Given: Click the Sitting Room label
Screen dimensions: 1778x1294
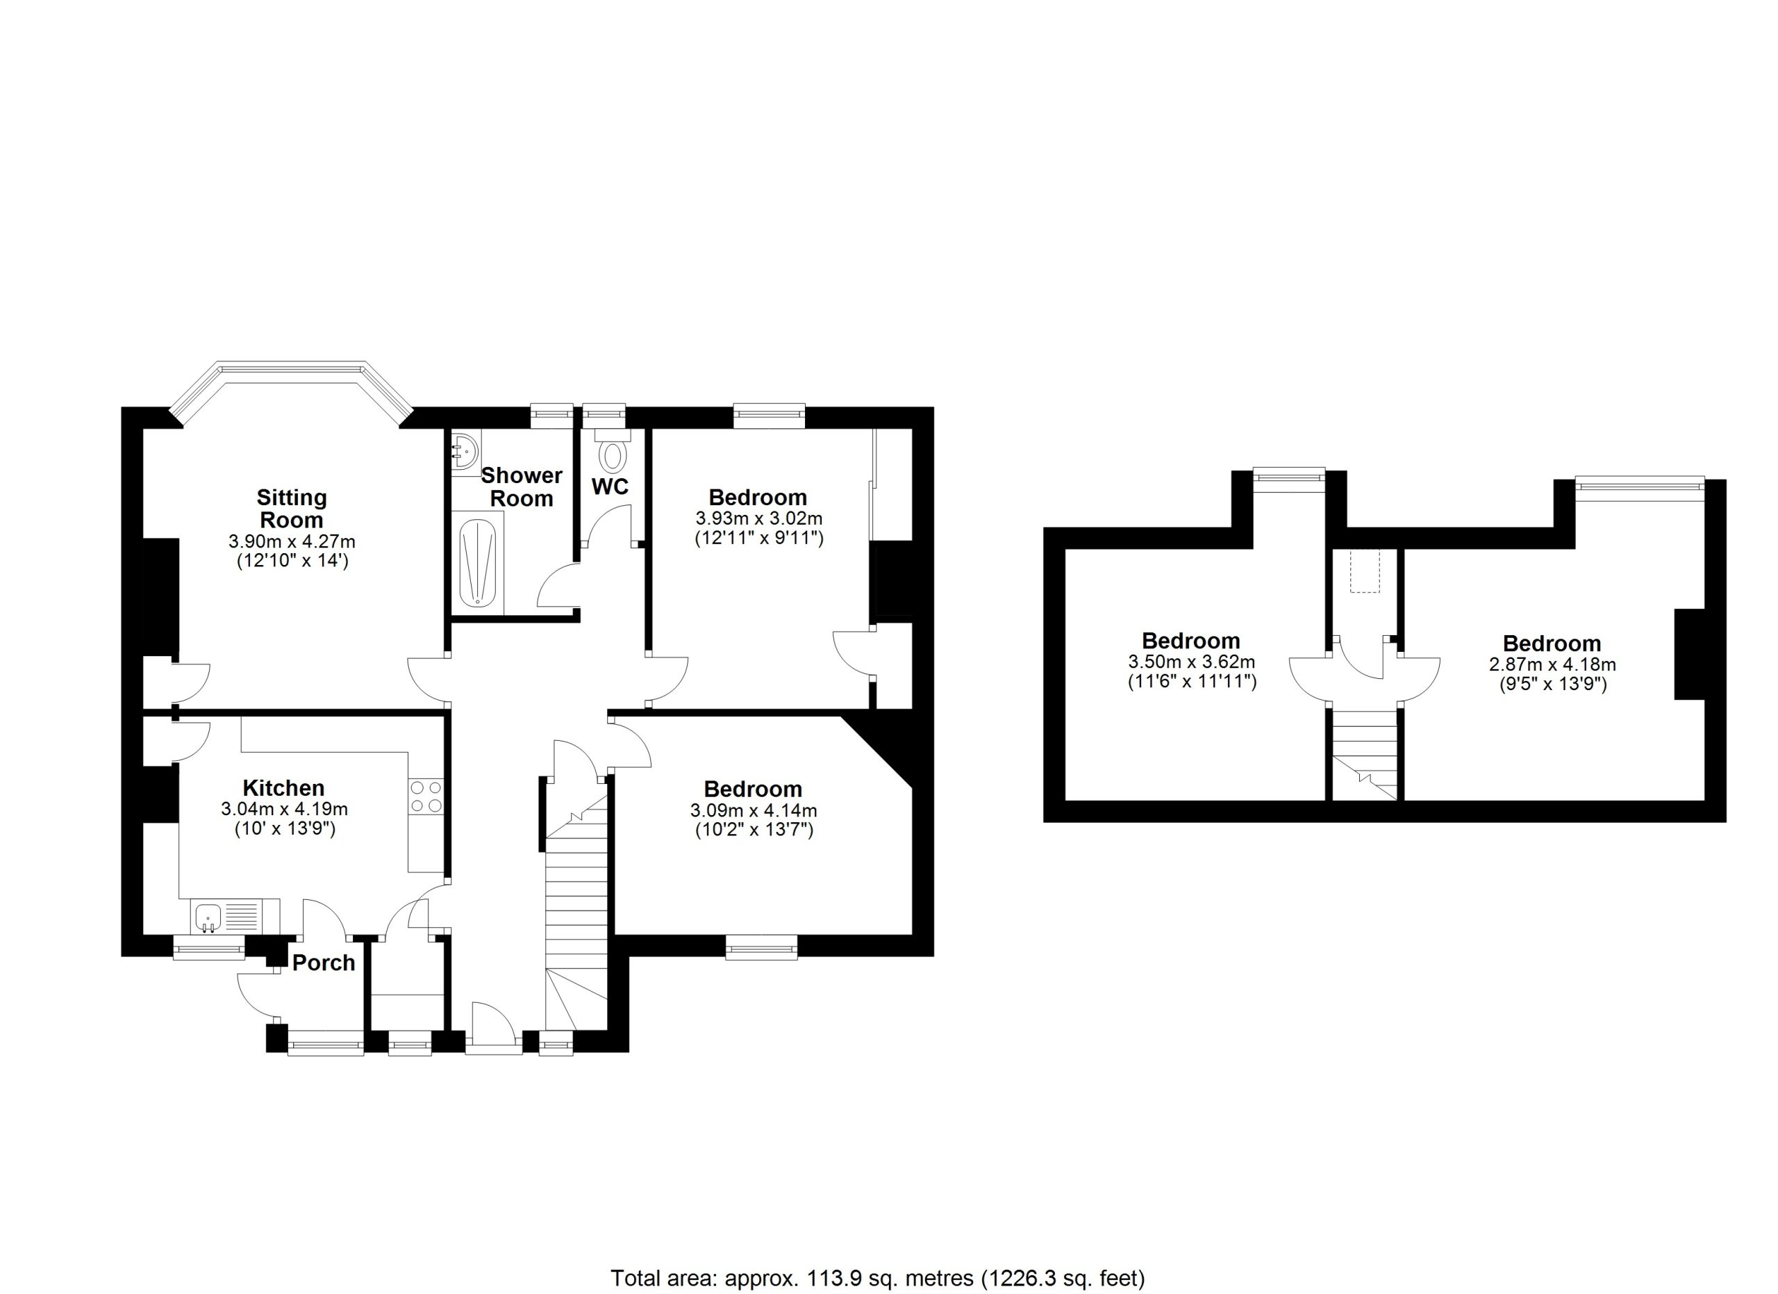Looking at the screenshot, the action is point(292,508).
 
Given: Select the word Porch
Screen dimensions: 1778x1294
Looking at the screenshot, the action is point(324,963).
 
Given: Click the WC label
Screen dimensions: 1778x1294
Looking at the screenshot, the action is point(610,487).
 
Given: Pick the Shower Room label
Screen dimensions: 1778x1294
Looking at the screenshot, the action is point(522,486).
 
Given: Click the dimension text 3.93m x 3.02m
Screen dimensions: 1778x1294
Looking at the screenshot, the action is point(759,518).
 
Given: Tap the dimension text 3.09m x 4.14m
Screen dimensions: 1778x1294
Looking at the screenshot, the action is point(754,810).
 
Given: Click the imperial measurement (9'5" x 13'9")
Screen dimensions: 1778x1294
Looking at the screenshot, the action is point(1552,684).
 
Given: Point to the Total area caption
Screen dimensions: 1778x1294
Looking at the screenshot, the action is point(878,1278).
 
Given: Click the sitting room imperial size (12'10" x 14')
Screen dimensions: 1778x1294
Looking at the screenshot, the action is point(292,561).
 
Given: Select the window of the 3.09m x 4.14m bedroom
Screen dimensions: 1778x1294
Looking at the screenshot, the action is point(761,947).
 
